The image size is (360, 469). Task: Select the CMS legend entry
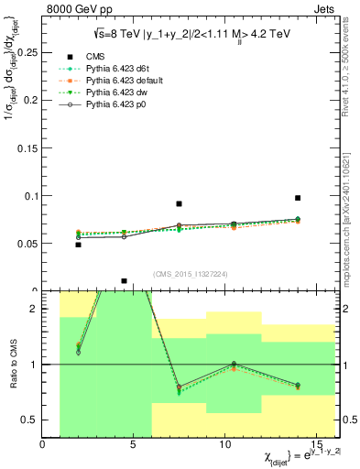pos(95,57)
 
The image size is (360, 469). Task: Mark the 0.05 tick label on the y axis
pos(29,244)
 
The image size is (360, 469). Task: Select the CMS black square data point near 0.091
pos(180,204)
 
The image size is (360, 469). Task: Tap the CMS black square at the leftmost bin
pos(79,245)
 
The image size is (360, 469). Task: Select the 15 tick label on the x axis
pos(320,445)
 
